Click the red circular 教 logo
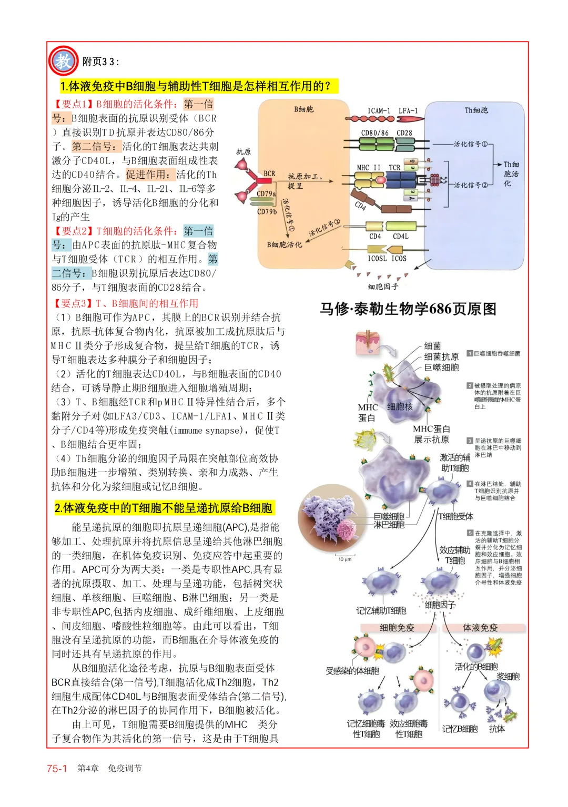tap(63, 61)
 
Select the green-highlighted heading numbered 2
tap(164, 508)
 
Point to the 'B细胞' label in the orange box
tap(303, 109)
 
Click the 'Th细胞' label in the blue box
tap(476, 110)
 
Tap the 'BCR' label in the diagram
tap(269, 173)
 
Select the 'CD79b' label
tap(267, 212)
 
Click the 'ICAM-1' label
tap(379, 111)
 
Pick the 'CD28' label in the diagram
tap(404, 133)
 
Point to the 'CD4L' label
tap(401, 237)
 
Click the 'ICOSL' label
tap(377, 258)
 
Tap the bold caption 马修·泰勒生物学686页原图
tap(408, 309)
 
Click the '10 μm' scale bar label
tap(345, 559)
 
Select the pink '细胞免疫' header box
tap(397, 627)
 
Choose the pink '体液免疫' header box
tap(480, 627)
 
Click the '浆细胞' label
tap(508, 677)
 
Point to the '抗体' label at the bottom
tap(497, 729)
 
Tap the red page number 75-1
tap(57, 768)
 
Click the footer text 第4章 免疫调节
tap(109, 768)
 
